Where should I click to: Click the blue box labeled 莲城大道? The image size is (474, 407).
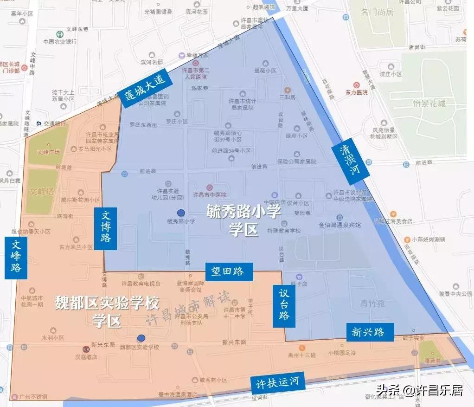point(145,88)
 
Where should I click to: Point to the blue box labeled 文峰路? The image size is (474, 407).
point(16,258)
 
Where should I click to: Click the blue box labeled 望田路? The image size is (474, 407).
point(229,272)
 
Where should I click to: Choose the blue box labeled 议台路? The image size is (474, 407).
point(284,306)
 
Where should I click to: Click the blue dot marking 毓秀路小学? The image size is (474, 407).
point(181,213)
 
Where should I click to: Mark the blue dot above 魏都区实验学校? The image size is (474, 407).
point(141,338)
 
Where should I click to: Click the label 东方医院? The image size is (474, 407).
point(356,92)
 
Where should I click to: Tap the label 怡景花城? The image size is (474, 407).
point(429,103)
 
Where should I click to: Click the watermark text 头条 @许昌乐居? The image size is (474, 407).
point(419,390)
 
